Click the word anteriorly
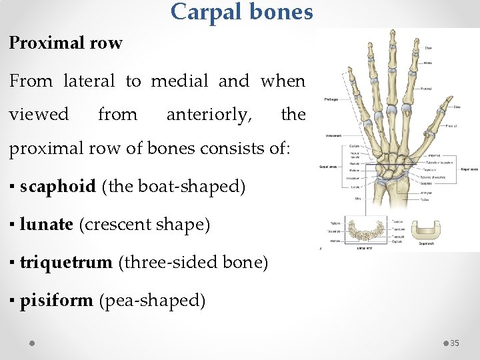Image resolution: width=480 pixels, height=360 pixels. tap(209, 115)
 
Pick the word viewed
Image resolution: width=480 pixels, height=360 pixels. tap(39, 115)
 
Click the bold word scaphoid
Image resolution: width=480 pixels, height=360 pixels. tap(58, 187)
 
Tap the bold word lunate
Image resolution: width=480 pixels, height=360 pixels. tap(46, 225)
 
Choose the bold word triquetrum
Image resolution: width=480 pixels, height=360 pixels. tap(66, 263)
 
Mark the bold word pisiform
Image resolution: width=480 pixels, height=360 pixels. tap(56, 301)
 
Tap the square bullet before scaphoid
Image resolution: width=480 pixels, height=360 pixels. tap(13, 187)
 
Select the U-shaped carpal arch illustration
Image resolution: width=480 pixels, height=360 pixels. tap(431, 230)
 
